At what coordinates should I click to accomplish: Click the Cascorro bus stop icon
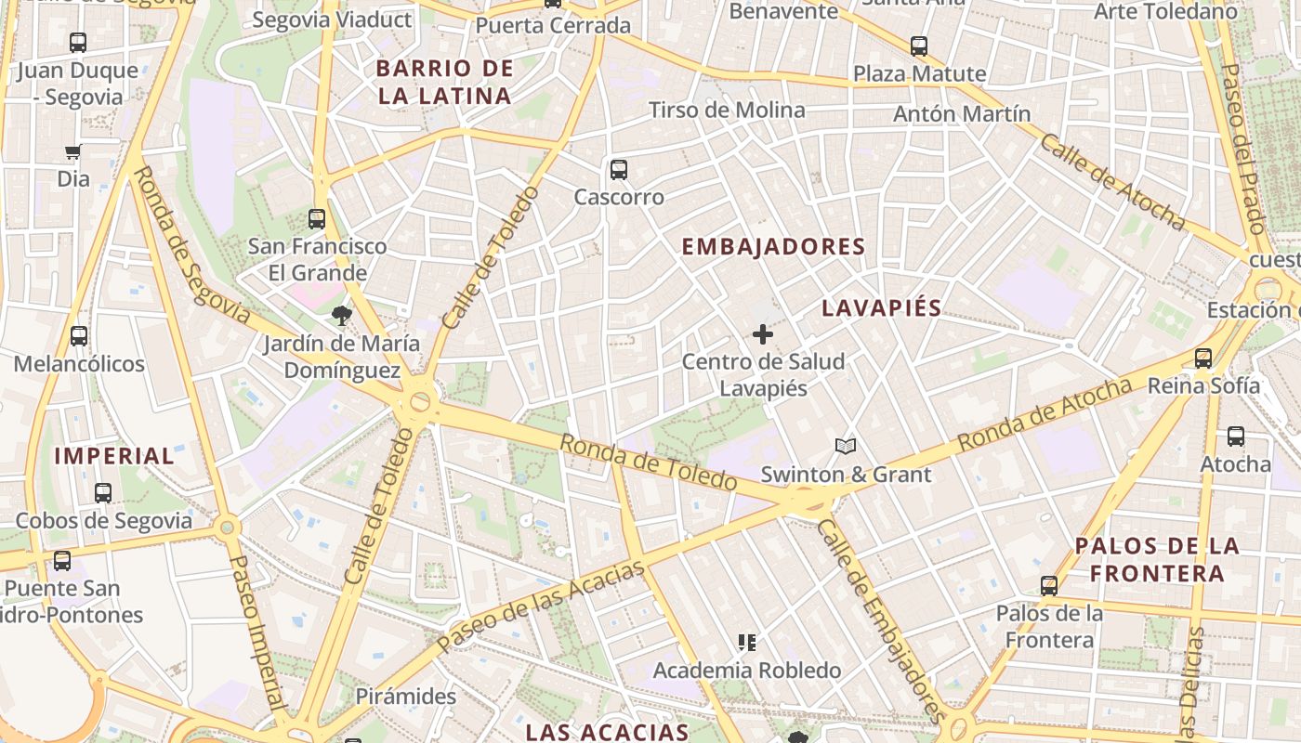tap(619, 170)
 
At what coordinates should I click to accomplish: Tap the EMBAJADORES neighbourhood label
tap(773, 247)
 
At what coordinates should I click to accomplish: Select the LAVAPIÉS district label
tap(882, 308)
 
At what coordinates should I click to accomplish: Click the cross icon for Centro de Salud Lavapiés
tap(763, 334)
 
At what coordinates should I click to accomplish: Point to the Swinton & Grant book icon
tap(845, 448)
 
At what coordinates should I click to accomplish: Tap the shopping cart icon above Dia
tap(73, 151)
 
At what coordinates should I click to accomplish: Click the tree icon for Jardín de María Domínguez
tap(342, 316)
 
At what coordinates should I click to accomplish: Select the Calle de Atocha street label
tap(1111, 182)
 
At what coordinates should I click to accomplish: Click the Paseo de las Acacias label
tap(540, 606)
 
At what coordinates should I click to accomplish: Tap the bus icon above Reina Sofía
tap(1203, 358)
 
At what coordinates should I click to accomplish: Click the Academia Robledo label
tap(746, 671)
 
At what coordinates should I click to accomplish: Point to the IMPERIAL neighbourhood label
tap(114, 456)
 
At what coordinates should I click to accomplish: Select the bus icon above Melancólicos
tap(79, 336)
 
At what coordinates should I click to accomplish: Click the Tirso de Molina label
tap(727, 111)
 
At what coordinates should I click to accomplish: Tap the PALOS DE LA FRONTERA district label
tap(1157, 559)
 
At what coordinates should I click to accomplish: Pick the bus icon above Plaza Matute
tap(919, 46)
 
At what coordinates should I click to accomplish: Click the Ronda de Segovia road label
tap(191, 245)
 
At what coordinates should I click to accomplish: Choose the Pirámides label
tap(406, 697)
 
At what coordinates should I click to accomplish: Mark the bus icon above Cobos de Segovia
tap(103, 493)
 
